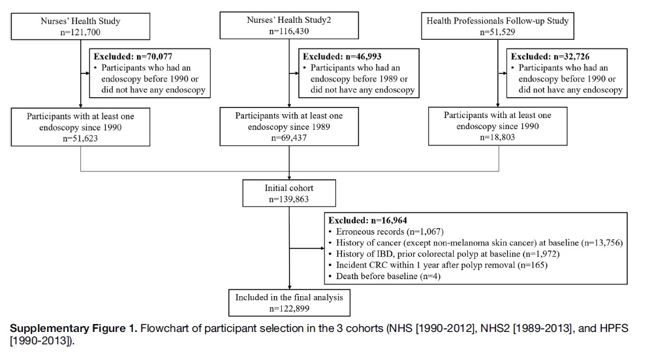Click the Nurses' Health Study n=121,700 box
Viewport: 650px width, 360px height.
[x=80, y=27]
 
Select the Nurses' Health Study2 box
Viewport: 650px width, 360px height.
[x=289, y=25]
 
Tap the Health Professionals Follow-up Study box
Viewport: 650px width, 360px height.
[x=497, y=26]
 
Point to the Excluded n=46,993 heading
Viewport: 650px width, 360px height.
[x=342, y=56]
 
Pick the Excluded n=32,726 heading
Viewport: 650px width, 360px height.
[x=550, y=56]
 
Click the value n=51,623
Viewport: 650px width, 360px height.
[x=80, y=138]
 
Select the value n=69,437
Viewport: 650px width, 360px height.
[x=289, y=138]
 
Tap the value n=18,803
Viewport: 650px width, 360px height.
[x=497, y=137]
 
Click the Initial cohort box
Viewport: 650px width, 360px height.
[x=289, y=193]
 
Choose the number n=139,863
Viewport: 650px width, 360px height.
[x=289, y=199]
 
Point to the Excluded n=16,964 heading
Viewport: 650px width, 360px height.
[x=367, y=220]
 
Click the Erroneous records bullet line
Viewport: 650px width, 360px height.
[x=386, y=232]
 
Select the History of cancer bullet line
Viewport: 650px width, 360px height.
[x=476, y=243]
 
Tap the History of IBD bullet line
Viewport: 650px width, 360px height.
[x=444, y=254]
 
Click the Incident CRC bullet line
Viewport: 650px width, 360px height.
[x=438, y=265]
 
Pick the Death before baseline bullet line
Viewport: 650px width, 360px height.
[x=384, y=277]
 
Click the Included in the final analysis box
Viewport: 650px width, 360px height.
[x=289, y=303]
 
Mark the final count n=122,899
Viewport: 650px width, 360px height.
[x=289, y=308]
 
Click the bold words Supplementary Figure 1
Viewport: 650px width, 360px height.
[x=73, y=329]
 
